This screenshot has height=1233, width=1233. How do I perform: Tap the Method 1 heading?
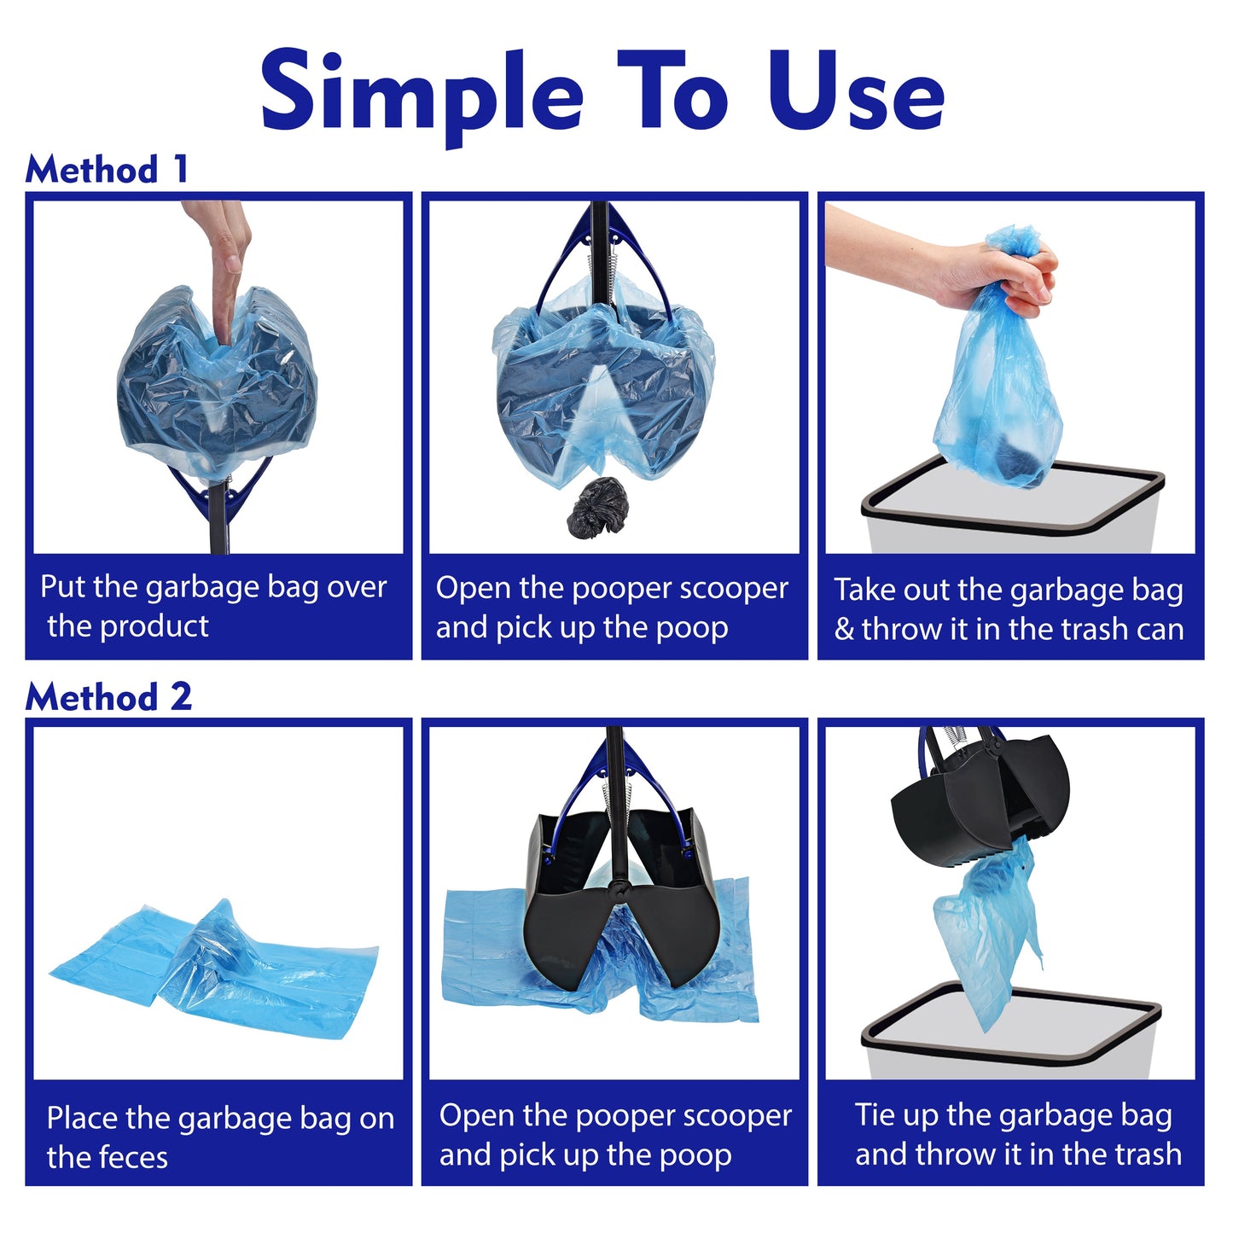click(106, 169)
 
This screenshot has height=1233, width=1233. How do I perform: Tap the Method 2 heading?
click(108, 696)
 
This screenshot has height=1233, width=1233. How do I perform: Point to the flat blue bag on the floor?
click(213, 968)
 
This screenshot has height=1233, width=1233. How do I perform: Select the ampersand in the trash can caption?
click(843, 630)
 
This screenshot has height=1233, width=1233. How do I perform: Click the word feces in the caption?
click(132, 1158)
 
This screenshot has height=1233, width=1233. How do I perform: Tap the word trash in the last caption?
click(1143, 1154)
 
